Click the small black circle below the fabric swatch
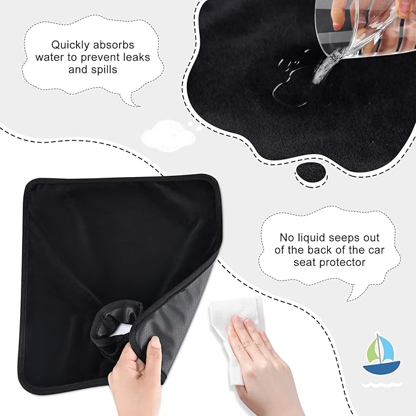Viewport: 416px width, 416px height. tap(311, 175)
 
